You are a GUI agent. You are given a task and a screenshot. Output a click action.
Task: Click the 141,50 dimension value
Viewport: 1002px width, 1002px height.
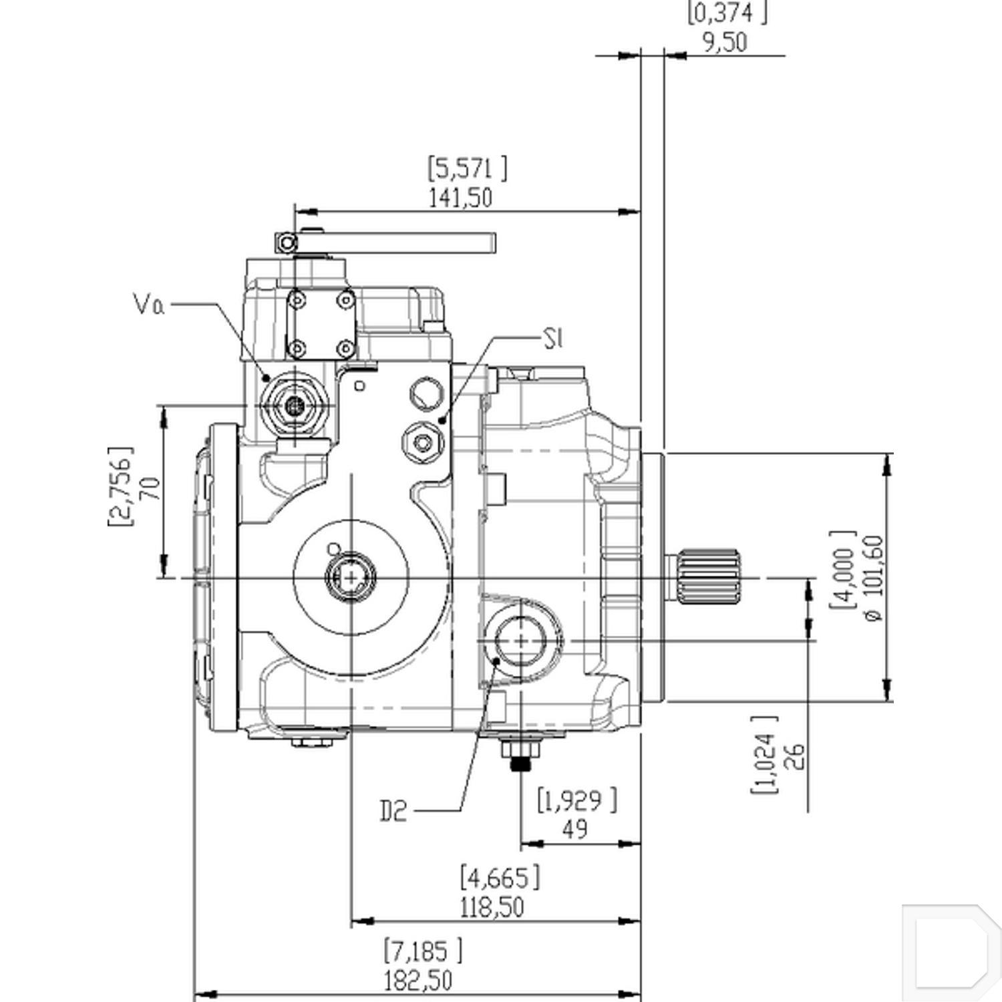[460, 198]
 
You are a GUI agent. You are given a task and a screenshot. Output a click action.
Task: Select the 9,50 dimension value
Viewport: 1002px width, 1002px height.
[724, 43]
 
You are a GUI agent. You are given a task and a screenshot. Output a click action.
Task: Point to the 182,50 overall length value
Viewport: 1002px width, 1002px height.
[417, 981]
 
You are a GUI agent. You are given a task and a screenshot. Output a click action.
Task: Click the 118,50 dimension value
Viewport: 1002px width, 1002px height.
[492, 907]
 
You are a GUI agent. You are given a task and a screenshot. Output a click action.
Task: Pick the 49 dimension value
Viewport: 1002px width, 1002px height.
[574, 829]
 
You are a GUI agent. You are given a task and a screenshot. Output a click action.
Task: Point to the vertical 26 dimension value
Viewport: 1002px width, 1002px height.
[798, 756]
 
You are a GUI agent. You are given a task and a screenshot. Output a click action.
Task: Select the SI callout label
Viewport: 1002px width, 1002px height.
[553, 339]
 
